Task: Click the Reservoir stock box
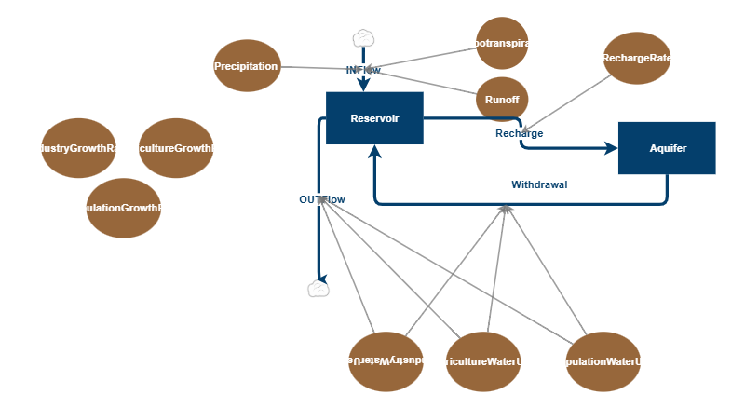[x=374, y=118]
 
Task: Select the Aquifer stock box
[x=667, y=148]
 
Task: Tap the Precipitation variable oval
[x=247, y=66]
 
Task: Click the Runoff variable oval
[x=501, y=98]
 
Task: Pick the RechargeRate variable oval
[x=637, y=58]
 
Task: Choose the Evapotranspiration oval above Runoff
[x=503, y=44]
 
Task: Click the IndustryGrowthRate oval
[x=78, y=148]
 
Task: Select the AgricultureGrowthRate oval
[x=176, y=148]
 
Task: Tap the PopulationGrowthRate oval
[x=123, y=208]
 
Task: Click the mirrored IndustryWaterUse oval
[x=386, y=360]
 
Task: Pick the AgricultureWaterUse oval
[x=483, y=361]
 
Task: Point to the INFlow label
[x=363, y=70]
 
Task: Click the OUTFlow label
[x=322, y=199]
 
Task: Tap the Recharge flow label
[x=520, y=133]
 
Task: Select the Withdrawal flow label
[x=539, y=184]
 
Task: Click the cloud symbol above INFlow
[x=363, y=38]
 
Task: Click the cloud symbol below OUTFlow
[x=318, y=289]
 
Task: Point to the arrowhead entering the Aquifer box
[x=611, y=148]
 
